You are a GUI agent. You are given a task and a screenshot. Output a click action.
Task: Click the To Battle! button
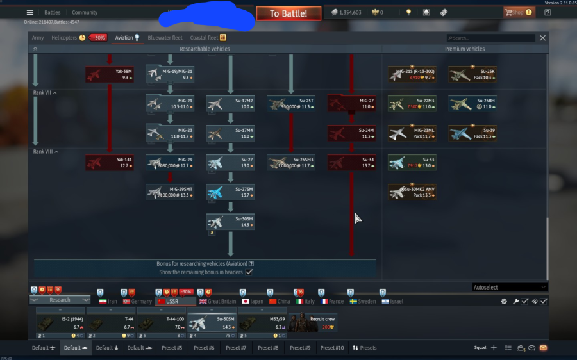pos(288,13)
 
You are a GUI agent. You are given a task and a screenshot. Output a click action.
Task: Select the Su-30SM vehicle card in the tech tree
pos(230,222)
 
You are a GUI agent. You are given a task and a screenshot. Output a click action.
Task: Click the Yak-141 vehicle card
pos(109,163)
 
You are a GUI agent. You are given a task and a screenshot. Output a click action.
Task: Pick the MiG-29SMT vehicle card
pos(170,192)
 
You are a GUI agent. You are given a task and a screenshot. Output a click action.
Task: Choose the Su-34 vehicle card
pos(351,163)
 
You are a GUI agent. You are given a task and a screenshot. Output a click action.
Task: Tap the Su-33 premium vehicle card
pos(412,163)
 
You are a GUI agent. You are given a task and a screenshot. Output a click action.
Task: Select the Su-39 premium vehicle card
pos(472,133)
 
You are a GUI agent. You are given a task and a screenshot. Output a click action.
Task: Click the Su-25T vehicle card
pos(291,104)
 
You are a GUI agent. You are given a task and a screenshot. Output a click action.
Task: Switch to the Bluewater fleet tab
pos(165,38)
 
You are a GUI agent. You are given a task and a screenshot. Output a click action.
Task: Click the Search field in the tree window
pos(490,38)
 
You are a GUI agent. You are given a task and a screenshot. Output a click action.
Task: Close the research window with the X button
pos(542,38)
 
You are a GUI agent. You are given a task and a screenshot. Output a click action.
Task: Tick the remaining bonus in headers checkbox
pos(249,272)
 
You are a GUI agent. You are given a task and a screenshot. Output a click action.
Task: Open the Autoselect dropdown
pos(510,287)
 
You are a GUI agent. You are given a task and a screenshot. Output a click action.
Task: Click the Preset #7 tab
pos(235,348)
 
